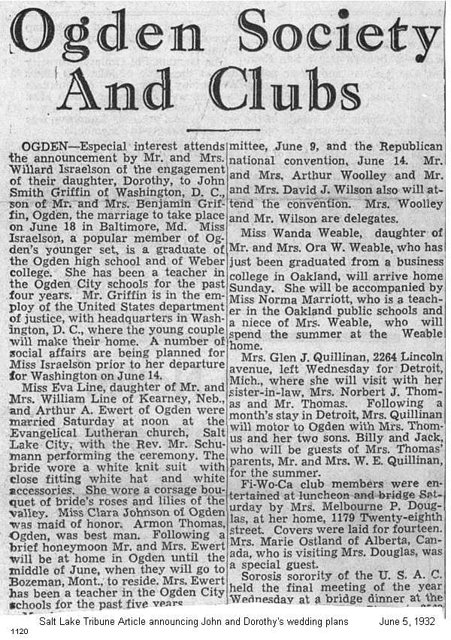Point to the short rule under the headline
[x=222, y=129]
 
